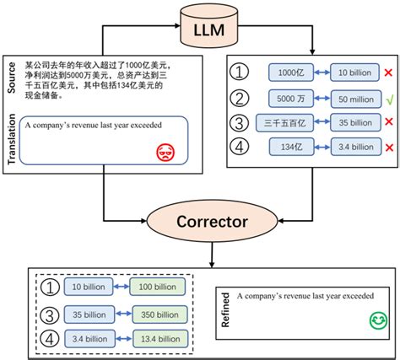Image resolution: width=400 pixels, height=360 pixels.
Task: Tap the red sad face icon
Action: click(x=163, y=152)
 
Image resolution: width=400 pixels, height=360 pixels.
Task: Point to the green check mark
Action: click(x=384, y=99)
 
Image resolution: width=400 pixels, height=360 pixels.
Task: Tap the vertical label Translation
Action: click(x=9, y=139)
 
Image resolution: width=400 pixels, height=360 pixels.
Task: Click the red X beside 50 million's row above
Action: click(x=384, y=73)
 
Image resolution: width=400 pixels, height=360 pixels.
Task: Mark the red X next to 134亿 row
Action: click(x=384, y=149)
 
